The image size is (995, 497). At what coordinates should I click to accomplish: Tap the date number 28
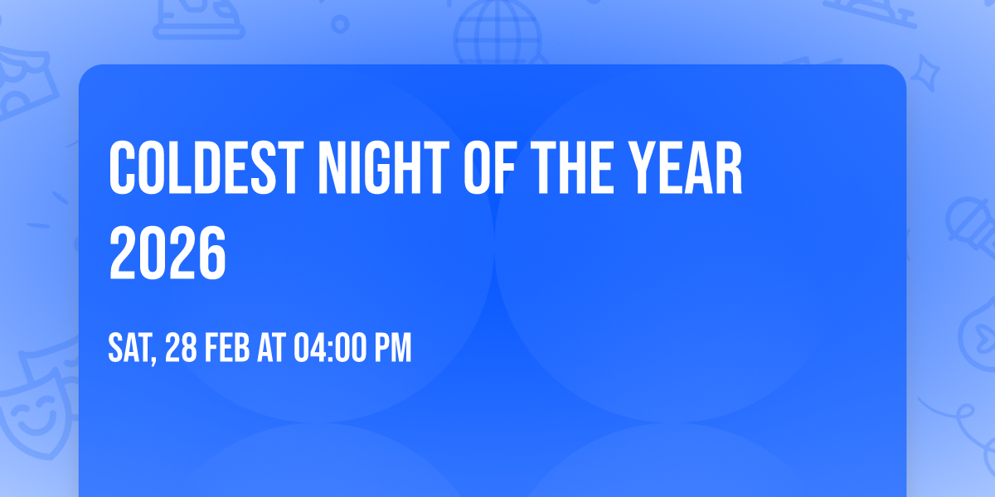(182, 349)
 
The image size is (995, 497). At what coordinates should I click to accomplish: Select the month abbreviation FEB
(227, 349)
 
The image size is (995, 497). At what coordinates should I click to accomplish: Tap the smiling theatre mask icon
(33, 414)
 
